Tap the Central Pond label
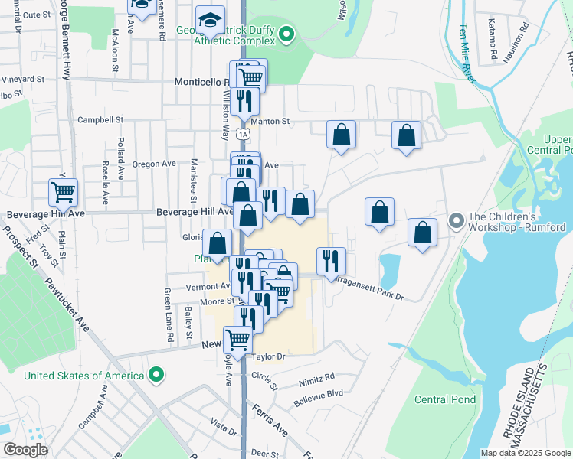(x=445, y=399)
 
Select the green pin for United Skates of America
(x=156, y=375)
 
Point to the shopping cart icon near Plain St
(x=63, y=192)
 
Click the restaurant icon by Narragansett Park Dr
(x=331, y=260)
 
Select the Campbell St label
(x=100, y=120)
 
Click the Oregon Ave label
(x=154, y=164)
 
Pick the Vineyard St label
(x=24, y=79)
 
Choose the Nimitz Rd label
(x=319, y=377)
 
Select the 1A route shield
(x=243, y=134)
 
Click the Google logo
(x=25, y=450)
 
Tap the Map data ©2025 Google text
(x=525, y=453)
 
